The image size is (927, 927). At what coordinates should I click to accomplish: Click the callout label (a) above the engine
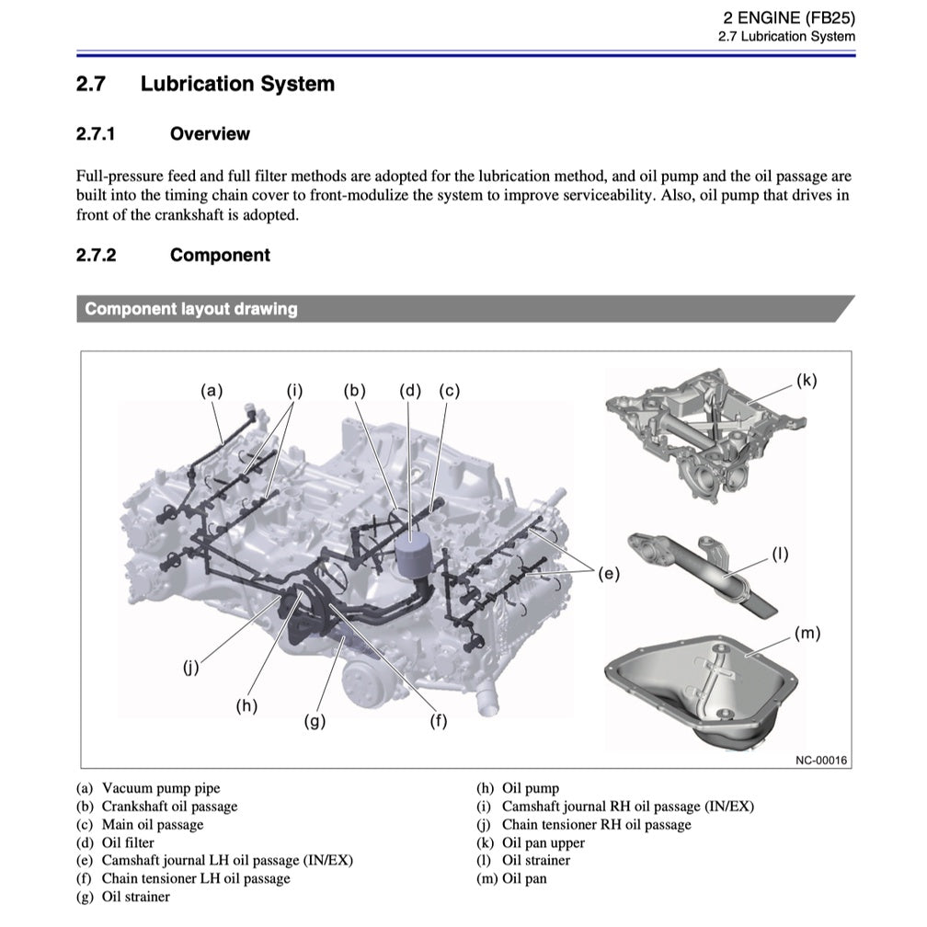(212, 390)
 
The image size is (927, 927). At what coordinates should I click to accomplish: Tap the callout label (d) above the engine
(410, 390)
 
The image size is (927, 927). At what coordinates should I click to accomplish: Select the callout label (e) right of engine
(609, 574)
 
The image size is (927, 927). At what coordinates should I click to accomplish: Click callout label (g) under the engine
(315, 722)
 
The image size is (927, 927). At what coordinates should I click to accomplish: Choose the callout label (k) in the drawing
(806, 380)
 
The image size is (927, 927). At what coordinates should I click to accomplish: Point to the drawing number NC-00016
(821, 760)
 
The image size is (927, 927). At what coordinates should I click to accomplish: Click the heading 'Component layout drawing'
(191, 309)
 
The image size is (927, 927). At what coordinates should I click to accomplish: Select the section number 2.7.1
(96, 134)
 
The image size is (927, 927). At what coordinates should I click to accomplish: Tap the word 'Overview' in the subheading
(210, 134)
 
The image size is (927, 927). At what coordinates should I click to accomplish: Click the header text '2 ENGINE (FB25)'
(789, 17)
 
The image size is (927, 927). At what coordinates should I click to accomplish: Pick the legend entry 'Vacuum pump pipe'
(161, 788)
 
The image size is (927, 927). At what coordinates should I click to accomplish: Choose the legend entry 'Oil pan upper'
(543, 842)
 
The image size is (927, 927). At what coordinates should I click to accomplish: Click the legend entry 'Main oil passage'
(153, 824)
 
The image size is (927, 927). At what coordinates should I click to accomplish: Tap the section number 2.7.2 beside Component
(96, 256)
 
